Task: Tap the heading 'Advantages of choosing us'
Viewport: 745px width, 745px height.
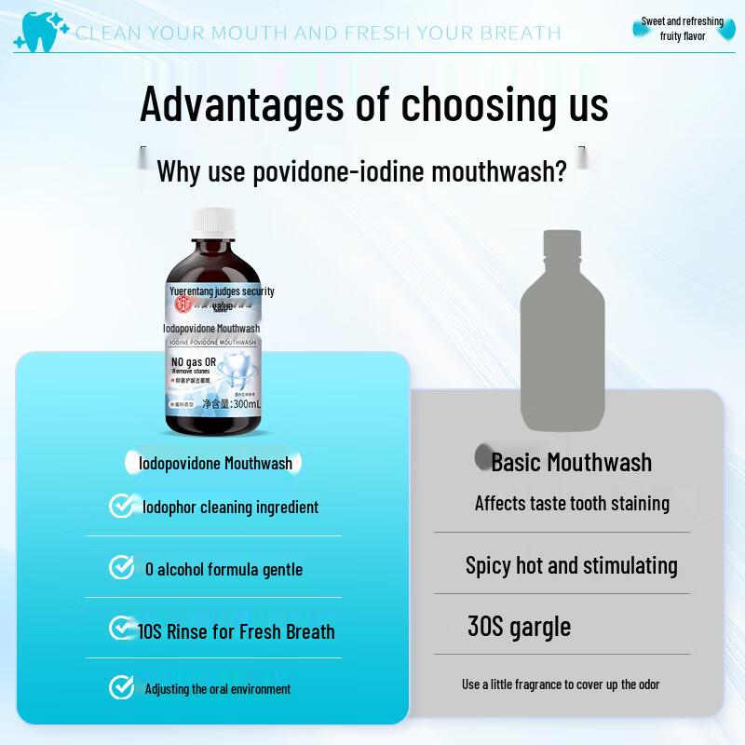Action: pyautogui.click(x=373, y=103)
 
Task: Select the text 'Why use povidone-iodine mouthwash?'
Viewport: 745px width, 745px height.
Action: pyautogui.click(x=361, y=171)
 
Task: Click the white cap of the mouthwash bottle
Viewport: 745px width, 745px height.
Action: pyautogui.click(x=216, y=223)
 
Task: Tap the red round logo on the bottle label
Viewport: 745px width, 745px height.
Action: pyautogui.click(x=184, y=304)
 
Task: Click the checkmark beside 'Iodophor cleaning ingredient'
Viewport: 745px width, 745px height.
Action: pyautogui.click(x=121, y=506)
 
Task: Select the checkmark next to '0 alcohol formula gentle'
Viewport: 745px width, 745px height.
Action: pyautogui.click(x=121, y=567)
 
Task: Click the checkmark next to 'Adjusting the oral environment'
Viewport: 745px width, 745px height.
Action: pyautogui.click(x=121, y=687)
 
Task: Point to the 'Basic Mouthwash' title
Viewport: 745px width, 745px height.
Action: pyautogui.click(x=571, y=462)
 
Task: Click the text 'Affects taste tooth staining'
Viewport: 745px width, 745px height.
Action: pyautogui.click(x=572, y=503)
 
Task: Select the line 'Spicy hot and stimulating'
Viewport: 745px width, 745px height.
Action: pyautogui.click(x=571, y=565)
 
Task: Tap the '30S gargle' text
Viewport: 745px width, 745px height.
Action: pyautogui.click(x=519, y=626)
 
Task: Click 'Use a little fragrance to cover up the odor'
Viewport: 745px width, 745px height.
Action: pyautogui.click(x=561, y=684)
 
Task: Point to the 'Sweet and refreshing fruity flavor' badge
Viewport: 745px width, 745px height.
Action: pyautogui.click(x=681, y=29)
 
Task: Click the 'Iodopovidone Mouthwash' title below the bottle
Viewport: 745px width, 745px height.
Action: pyautogui.click(x=215, y=463)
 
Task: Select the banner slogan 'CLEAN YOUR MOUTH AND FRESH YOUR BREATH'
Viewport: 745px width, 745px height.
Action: pyautogui.click(x=318, y=34)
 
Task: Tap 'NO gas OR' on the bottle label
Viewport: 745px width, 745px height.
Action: pyautogui.click(x=194, y=361)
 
